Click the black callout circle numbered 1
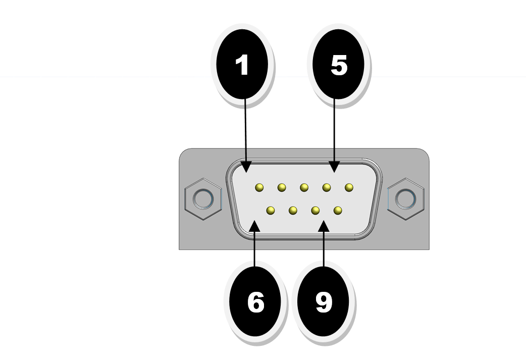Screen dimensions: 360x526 [x=242, y=65]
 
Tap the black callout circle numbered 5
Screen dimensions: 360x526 [x=339, y=65]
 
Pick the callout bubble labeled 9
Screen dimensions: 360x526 [x=324, y=302]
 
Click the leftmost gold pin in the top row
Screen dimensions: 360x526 [x=259, y=188]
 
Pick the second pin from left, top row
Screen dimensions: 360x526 [x=282, y=188]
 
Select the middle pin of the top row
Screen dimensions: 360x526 [x=304, y=188]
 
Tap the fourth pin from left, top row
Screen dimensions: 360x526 [x=327, y=188]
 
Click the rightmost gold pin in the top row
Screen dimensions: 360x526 [x=349, y=188]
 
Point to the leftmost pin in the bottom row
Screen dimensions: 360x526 [x=271, y=210]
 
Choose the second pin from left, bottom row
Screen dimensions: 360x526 [x=293, y=210]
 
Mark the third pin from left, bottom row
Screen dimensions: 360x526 [x=315, y=210]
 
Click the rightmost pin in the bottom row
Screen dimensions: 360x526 [x=338, y=210]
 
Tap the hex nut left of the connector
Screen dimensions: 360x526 [x=203, y=198]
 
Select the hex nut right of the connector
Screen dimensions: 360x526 [x=405, y=198]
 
